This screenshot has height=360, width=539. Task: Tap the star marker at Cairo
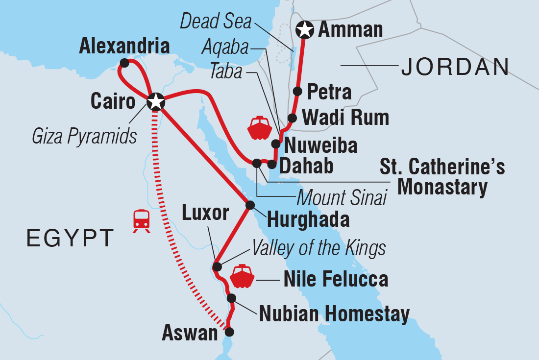(x=155, y=101)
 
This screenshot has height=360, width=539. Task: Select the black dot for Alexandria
(x=124, y=63)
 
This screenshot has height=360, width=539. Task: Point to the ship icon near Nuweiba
(x=259, y=128)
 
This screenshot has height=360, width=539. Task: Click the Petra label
(x=329, y=92)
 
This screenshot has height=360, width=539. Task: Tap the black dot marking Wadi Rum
(x=292, y=118)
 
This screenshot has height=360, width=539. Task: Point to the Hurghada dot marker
(x=250, y=205)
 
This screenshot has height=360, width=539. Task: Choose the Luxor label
(x=205, y=213)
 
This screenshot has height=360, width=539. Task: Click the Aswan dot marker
(x=229, y=332)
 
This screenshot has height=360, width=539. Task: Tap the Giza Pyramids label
(x=84, y=137)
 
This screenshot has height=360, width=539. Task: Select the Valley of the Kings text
(x=318, y=249)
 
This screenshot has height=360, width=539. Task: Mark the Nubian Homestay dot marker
(x=232, y=298)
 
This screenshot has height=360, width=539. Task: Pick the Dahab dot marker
(x=271, y=164)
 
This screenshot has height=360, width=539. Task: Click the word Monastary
(x=442, y=187)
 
